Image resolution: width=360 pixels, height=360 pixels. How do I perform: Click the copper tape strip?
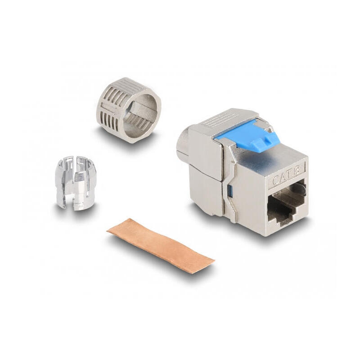[x=161, y=245]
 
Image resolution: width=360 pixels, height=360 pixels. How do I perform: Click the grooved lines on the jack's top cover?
[x=216, y=119]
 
